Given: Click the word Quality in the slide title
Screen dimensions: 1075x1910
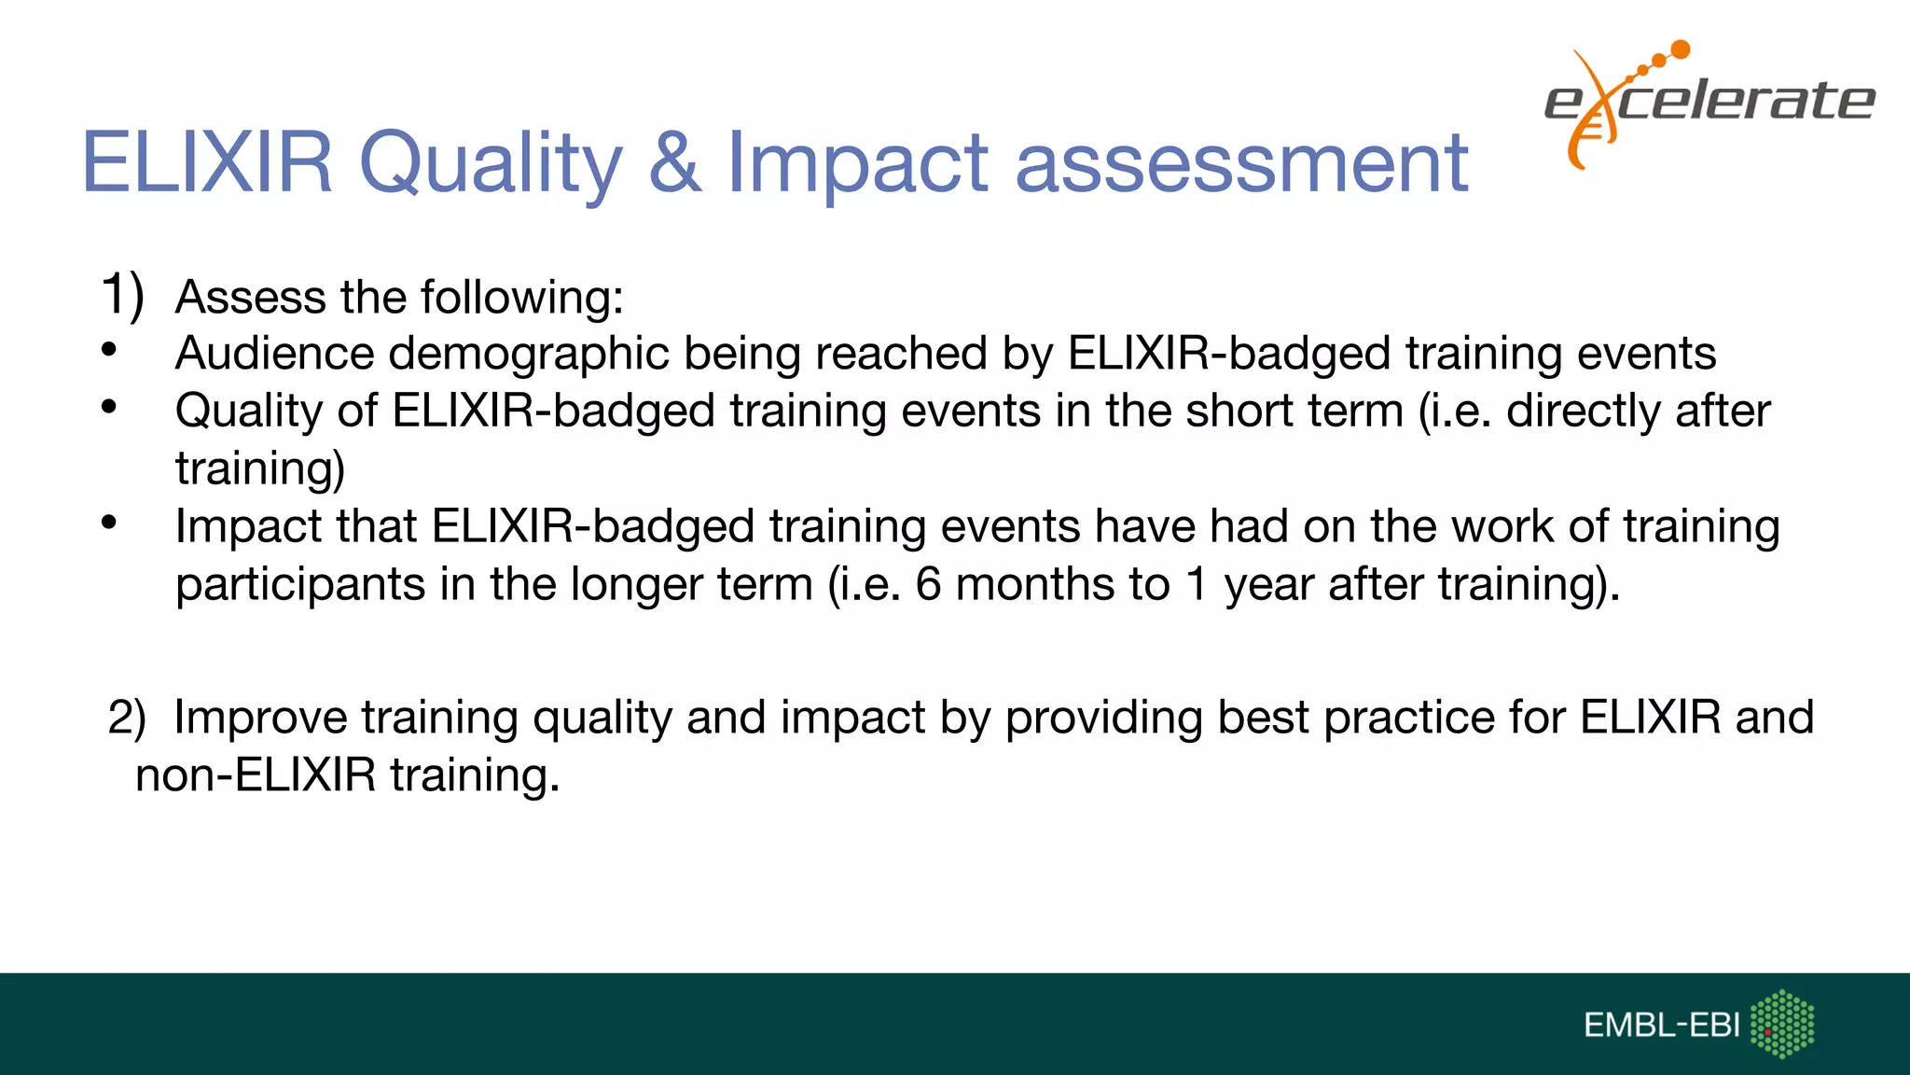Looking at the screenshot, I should pos(490,164).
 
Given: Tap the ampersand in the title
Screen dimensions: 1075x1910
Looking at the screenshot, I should pos(674,164).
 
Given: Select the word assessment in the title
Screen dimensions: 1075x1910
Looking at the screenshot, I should pos(1241,164).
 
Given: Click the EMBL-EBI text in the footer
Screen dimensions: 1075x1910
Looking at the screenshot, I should pos(1661,1026).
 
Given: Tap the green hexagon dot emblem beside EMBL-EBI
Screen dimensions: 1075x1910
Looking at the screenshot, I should pos(1782,1024).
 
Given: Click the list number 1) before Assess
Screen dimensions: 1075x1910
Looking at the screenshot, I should pos(122,295).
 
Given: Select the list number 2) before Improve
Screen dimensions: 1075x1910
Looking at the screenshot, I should pos(127,718).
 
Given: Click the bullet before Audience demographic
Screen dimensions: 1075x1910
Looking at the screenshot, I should pos(109,350).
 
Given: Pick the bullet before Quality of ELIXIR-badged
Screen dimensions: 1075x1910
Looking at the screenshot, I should pos(109,407).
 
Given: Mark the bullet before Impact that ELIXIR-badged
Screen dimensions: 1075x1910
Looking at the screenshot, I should pos(109,523).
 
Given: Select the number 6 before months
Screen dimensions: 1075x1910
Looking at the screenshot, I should pos(928,585).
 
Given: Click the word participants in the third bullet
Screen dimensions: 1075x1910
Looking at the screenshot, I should pos(299,586).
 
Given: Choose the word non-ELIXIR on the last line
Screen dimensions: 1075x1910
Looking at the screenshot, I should pos(256,775).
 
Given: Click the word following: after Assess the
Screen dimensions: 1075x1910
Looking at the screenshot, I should pos(521,299).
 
